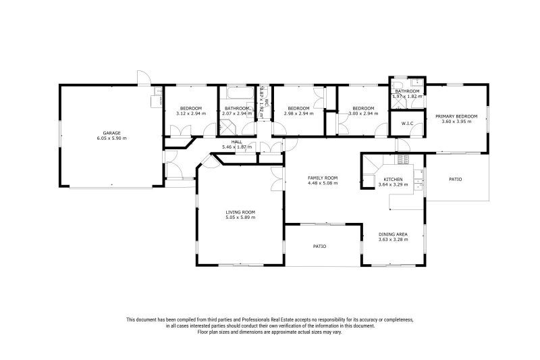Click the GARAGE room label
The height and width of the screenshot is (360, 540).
(x=111, y=133)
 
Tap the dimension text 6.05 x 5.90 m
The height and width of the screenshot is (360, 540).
(x=111, y=138)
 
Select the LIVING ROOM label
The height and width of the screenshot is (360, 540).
(x=240, y=212)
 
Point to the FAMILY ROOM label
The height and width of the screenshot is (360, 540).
(x=323, y=178)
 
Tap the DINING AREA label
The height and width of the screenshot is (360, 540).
(x=393, y=234)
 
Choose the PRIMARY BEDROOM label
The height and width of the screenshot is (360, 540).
(x=456, y=116)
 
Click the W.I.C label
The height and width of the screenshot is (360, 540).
(x=407, y=124)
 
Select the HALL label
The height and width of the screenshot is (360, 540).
(x=236, y=142)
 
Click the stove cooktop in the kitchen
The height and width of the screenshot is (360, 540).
(x=402, y=159)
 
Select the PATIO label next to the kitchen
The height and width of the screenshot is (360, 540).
(x=456, y=179)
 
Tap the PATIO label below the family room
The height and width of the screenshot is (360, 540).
(x=319, y=247)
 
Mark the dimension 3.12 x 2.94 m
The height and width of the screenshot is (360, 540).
(x=190, y=113)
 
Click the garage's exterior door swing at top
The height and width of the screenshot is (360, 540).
(x=142, y=78)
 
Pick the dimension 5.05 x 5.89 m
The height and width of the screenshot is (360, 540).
(x=240, y=217)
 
